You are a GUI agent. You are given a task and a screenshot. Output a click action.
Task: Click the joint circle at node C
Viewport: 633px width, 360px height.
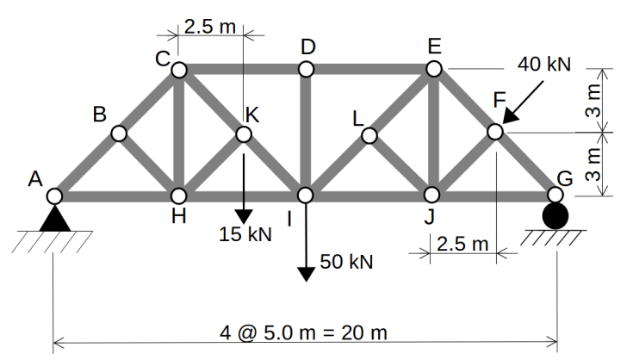[179, 69]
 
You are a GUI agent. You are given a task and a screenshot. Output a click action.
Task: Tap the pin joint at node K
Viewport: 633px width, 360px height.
[244, 133]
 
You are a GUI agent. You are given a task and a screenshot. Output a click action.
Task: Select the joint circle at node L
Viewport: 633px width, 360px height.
[369, 135]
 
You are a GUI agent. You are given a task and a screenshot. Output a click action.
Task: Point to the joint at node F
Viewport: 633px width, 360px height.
[495, 132]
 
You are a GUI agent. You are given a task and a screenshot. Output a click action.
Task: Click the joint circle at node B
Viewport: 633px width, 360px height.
[120, 133]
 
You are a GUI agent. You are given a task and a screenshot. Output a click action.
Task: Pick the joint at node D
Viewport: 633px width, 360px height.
[306, 69]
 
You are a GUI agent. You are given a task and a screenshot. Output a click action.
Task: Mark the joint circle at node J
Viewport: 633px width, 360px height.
[432, 195]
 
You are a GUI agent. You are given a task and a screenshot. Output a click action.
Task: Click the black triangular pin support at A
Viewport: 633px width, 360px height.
[55, 219]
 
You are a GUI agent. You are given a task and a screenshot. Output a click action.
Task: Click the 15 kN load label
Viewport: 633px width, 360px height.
[245, 234]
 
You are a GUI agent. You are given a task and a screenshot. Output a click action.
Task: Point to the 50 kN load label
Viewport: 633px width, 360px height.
[347, 261]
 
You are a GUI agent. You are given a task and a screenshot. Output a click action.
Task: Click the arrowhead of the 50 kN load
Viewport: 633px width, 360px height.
[306, 274]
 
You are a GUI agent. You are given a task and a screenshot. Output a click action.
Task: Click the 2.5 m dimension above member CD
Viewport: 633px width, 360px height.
[209, 26]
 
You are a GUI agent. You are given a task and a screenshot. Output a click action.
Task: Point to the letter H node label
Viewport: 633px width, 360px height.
[178, 216]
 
